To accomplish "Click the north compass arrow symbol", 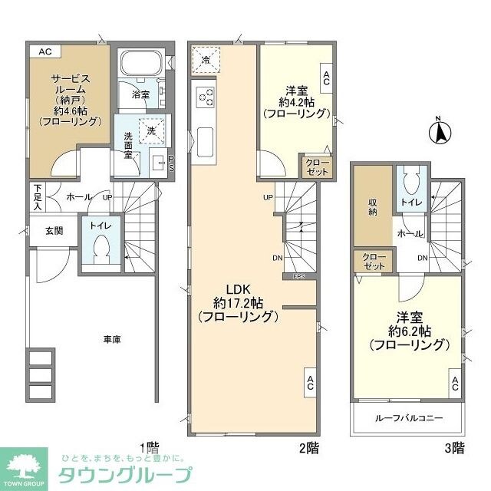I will pos(441,132).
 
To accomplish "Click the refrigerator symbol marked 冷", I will pos(206,58).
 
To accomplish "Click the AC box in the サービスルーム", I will pos(44,51).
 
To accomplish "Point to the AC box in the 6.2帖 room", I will pos(455,383).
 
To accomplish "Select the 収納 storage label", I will pos(372,207).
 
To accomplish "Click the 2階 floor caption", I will pos(308,447).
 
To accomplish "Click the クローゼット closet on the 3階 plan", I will pos(371,261).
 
